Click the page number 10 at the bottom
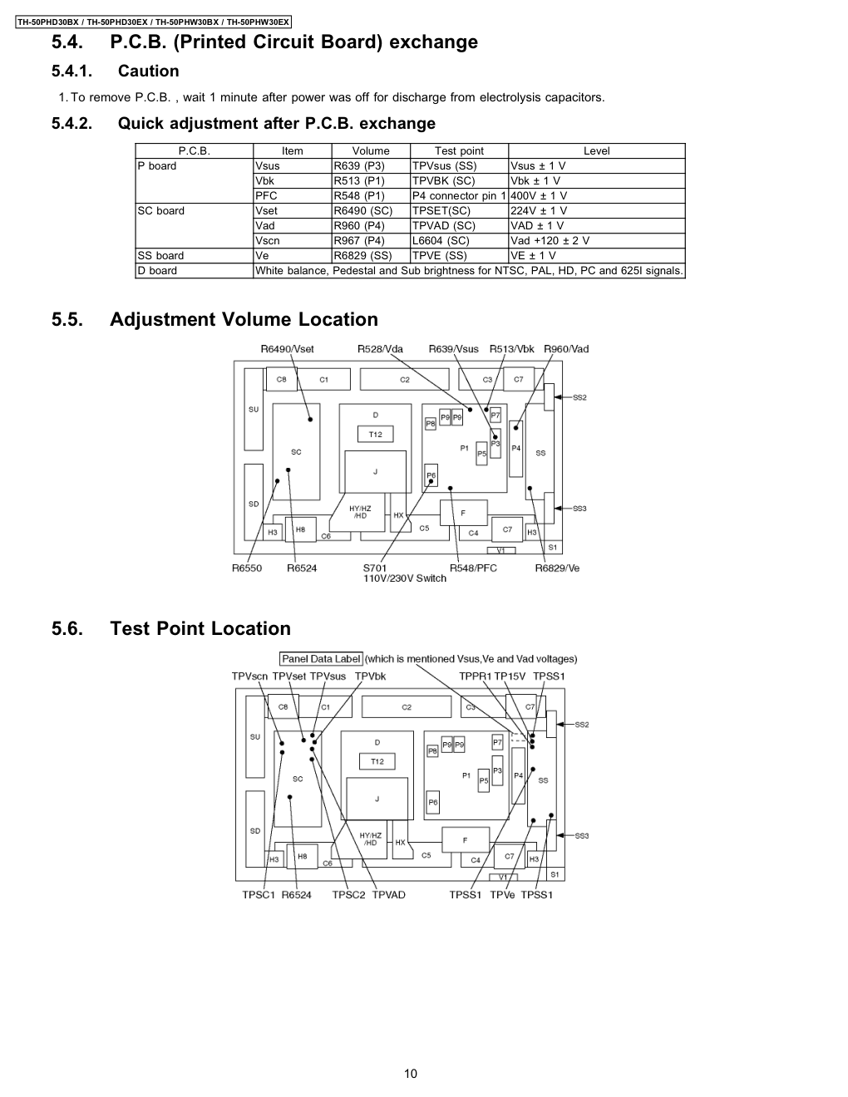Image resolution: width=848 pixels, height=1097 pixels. pyautogui.click(x=411, y=1073)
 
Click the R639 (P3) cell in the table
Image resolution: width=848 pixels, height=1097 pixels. pyautogui.click(x=359, y=165)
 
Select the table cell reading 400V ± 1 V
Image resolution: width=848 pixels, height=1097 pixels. pyautogui.click(x=539, y=195)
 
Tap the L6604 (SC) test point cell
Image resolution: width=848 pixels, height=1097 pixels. pyautogui.click(x=441, y=240)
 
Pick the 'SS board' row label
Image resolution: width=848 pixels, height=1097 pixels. pyautogui.click(x=160, y=255)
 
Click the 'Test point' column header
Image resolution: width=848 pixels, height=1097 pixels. pyautogui.click(x=459, y=150)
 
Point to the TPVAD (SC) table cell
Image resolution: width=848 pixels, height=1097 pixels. pyautogui.click(x=444, y=225)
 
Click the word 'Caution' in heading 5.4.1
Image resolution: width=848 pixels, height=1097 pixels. pyautogui.click(x=148, y=71)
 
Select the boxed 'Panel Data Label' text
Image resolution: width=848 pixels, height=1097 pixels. pyautogui.click(x=321, y=659)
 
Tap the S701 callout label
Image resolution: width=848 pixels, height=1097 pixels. pyautogui.click(x=375, y=568)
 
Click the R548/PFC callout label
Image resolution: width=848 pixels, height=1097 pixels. pyautogui.click(x=473, y=568)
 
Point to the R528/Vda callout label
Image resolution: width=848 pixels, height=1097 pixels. pyautogui.click(x=380, y=348)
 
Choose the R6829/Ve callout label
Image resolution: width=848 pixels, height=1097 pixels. pyautogui.click(x=557, y=568)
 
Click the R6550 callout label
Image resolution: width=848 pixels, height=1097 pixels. pyautogui.click(x=247, y=568)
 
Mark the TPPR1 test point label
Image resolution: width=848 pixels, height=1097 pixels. pyautogui.click(x=475, y=676)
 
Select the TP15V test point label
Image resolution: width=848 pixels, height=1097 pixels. pyautogui.click(x=510, y=676)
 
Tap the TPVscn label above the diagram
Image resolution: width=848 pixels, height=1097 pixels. pyautogui.click(x=249, y=676)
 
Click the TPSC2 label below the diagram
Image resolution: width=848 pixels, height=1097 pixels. pyautogui.click(x=348, y=894)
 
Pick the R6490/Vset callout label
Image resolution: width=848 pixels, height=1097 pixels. pyautogui.click(x=287, y=348)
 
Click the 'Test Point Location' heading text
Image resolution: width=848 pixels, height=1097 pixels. pyautogui.click(x=200, y=628)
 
